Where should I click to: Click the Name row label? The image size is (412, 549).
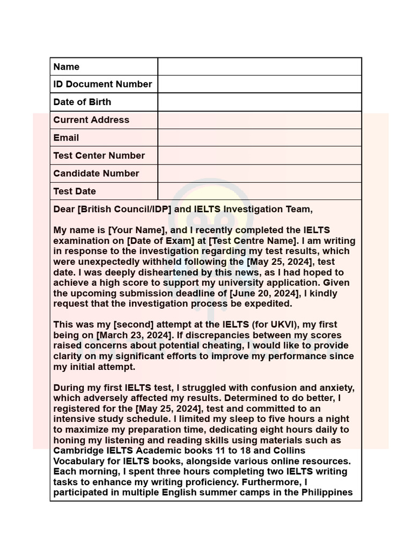[x=67, y=67]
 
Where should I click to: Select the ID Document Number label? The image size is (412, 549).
[x=102, y=84]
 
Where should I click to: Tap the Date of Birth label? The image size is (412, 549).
[x=82, y=102]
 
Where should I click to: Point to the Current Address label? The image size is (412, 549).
[x=91, y=120]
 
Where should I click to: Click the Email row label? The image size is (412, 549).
[x=66, y=138]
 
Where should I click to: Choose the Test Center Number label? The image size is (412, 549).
[x=99, y=155]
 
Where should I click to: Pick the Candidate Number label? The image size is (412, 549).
[x=96, y=173]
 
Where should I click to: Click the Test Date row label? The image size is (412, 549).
[x=75, y=191]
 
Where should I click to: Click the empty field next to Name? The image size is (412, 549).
[x=260, y=67]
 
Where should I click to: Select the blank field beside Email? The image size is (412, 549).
[x=260, y=138]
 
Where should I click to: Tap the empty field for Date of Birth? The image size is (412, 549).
[x=260, y=102]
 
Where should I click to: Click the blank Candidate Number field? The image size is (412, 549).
[x=260, y=173]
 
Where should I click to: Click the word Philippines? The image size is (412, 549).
[x=327, y=492]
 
